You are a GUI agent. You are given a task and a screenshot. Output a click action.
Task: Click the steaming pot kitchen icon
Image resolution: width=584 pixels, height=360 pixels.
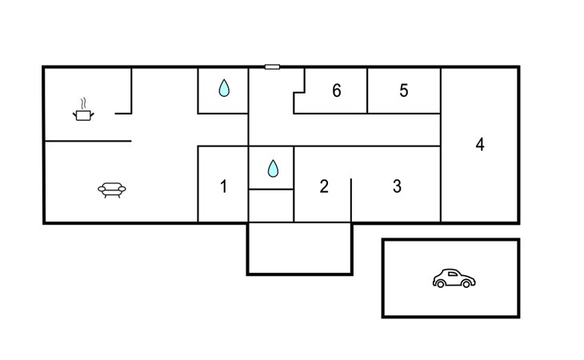click(x=83, y=115)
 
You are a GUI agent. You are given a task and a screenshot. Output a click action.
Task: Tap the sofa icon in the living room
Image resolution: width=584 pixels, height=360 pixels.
click(x=112, y=190)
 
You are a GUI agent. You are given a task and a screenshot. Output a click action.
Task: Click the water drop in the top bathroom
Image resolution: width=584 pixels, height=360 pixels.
click(x=224, y=89)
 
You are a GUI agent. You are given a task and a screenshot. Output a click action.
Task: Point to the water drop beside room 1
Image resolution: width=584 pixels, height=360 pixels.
click(x=272, y=168)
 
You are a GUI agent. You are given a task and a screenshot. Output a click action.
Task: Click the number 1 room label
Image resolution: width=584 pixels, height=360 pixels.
click(x=223, y=186)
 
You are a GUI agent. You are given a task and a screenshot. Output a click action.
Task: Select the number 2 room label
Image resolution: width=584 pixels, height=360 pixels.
click(x=323, y=186)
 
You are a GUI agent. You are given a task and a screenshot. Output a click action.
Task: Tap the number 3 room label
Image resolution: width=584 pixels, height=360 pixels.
click(x=397, y=186)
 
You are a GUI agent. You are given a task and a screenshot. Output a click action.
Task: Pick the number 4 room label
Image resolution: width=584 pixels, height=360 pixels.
click(x=480, y=145)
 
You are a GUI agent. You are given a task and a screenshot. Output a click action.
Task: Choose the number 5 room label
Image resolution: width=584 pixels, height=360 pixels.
click(x=404, y=90)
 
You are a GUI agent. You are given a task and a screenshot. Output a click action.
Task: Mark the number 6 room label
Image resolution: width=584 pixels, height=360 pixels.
click(x=337, y=90)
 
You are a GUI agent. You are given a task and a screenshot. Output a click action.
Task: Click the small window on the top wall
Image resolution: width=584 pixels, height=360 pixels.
click(x=272, y=67)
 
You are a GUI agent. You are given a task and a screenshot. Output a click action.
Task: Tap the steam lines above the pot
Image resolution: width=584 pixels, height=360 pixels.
click(x=83, y=104)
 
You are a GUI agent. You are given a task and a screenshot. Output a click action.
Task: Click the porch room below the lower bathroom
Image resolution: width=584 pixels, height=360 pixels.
click(x=299, y=248)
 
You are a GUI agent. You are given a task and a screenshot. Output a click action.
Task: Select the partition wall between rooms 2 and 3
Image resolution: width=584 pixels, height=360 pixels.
click(x=351, y=200)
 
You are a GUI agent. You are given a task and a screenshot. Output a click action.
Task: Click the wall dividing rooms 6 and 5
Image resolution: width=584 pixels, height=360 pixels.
click(x=367, y=90)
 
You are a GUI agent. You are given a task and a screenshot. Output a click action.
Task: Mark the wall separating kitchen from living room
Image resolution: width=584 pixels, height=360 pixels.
click(x=88, y=142)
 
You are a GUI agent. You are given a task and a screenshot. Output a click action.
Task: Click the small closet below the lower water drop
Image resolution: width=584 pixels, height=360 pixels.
click(x=271, y=205)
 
